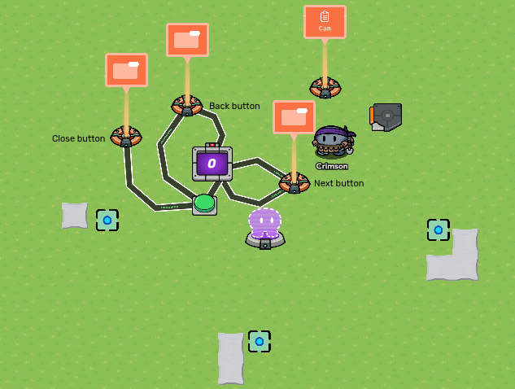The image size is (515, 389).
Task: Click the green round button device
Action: [x=204, y=203]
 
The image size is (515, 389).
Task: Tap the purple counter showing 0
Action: [x=212, y=164]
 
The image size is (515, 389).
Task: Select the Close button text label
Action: [x=78, y=138]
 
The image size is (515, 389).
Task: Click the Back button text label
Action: [x=234, y=106]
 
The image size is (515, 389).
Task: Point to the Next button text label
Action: [x=338, y=183]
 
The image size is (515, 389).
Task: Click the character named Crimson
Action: [x=332, y=141]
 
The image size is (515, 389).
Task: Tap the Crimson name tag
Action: [x=332, y=166]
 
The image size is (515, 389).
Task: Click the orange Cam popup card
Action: [x=325, y=21]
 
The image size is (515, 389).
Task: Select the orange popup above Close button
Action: [x=126, y=70]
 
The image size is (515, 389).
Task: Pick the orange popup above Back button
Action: [x=187, y=39]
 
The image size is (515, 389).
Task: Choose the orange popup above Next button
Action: [x=294, y=117]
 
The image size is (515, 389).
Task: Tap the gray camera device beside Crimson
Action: [x=386, y=116]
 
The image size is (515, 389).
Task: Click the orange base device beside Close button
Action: [x=126, y=136]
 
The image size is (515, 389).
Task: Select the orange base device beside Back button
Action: [x=186, y=105]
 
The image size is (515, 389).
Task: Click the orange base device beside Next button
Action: [x=294, y=183]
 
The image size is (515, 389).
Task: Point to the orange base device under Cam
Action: [x=325, y=88]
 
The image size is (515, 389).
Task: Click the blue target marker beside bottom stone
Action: [x=260, y=341]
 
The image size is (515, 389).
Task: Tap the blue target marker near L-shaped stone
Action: [x=438, y=229]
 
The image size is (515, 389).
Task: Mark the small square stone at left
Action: [x=74, y=215]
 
